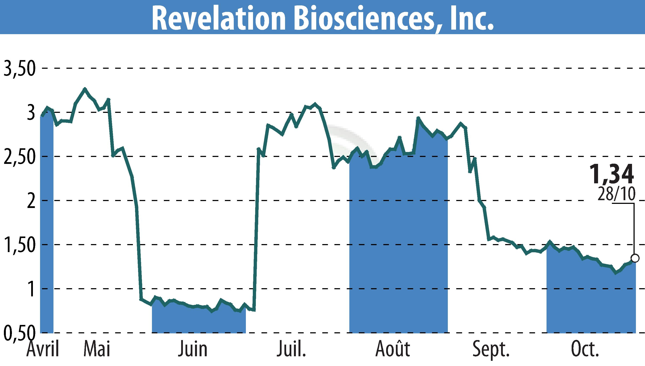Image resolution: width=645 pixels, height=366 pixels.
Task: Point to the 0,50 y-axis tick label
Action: click(x=19, y=333)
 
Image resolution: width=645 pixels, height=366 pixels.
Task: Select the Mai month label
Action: click(x=97, y=349)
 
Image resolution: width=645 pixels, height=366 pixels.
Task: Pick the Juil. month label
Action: click(x=291, y=349)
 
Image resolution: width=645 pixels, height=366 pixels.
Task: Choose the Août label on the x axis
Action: click(x=393, y=349)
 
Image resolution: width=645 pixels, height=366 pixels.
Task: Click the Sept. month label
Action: click(x=491, y=349)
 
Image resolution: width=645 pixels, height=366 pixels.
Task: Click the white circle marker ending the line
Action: click(x=635, y=258)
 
